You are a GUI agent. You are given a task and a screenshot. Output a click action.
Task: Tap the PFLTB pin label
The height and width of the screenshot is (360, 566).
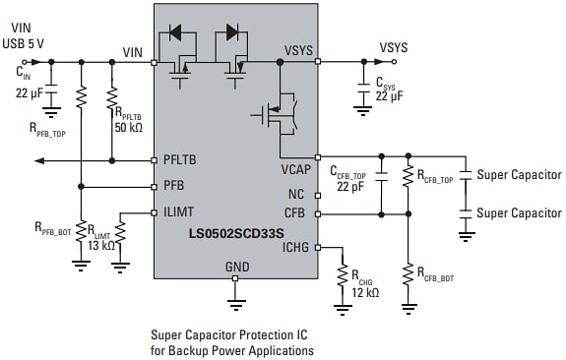(180, 159)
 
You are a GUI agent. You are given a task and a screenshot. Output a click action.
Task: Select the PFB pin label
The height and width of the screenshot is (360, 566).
(174, 186)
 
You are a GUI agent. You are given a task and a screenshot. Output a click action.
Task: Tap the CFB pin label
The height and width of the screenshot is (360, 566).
(294, 212)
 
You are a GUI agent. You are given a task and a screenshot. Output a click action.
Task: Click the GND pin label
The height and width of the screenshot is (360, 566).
(236, 267)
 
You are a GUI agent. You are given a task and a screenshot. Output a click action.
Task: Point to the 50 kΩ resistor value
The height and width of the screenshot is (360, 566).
(128, 128)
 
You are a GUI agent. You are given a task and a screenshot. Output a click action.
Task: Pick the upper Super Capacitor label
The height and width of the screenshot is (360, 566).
(519, 175)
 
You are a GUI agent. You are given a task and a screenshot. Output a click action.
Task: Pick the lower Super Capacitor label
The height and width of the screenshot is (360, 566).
(519, 212)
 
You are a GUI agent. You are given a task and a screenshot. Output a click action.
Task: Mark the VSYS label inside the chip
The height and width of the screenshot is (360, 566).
(299, 51)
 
